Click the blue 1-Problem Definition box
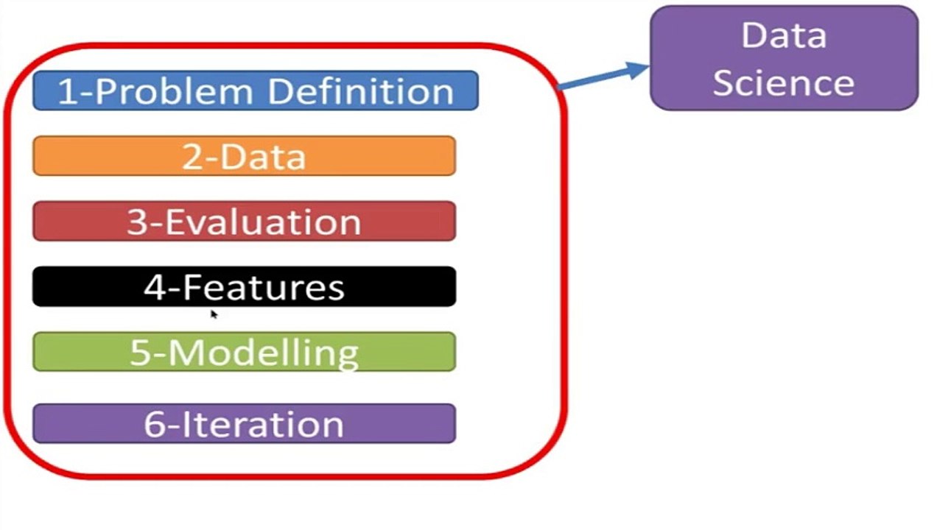click(x=255, y=91)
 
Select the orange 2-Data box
click(x=244, y=156)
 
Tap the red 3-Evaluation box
click(x=244, y=221)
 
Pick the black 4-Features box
click(x=244, y=286)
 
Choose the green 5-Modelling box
click(x=244, y=352)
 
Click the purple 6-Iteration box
click(x=244, y=423)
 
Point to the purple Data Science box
click(x=784, y=58)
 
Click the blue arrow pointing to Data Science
click(x=600, y=77)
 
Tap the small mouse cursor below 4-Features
click(x=214, y=314)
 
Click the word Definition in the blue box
click(x=360, y=91)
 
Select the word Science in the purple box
click(x=784, y=82)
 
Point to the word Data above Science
click(x=784, y=35)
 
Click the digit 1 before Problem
click(x=66, y=92)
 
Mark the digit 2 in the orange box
click(x=192, y=157)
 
